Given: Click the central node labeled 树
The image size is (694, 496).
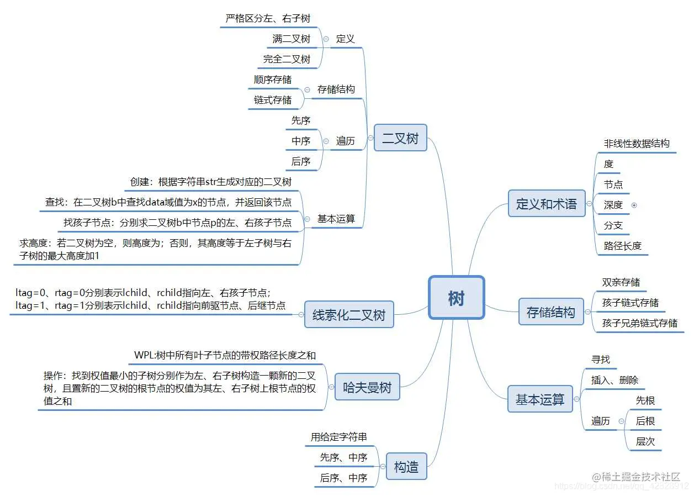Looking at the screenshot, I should (456, 298).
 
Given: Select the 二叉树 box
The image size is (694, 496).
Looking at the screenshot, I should (400, 138).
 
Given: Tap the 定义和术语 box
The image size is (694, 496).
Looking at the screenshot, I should (546, 203).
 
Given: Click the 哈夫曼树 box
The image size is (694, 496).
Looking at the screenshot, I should (367, 387).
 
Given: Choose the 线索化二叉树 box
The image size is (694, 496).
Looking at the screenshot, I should (349, 315).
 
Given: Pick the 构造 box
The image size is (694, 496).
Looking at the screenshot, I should (406, 467).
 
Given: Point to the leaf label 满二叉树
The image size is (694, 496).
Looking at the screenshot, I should (291, 39).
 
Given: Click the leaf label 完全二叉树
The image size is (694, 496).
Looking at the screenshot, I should (287, 59).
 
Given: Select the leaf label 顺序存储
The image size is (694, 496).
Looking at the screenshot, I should (273, 80).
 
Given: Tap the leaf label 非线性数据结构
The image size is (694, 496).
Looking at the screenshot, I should (637, 144).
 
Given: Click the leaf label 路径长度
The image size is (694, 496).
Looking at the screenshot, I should (622, 246).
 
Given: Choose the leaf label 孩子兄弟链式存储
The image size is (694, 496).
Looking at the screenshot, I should (639, 323).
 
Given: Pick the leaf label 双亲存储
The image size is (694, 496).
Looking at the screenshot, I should (621, 282).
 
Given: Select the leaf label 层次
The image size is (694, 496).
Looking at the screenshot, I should (645, 441).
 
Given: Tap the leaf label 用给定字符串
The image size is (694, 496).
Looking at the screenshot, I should (338, 437).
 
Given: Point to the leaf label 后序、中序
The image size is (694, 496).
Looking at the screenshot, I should (343, 478).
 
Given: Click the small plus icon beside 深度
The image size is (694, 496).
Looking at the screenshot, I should (634, 205).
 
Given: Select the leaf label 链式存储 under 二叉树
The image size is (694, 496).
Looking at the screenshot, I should (273, 100).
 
